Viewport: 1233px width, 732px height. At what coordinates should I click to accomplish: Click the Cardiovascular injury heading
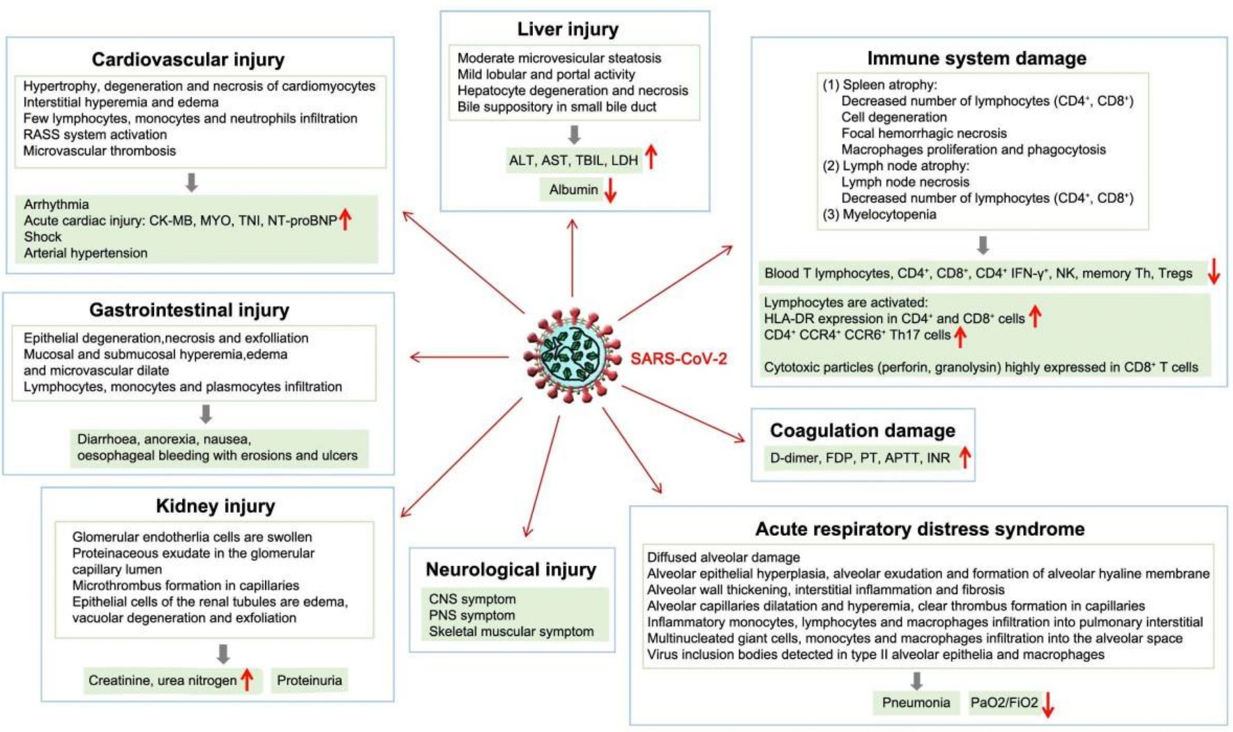point(188,59)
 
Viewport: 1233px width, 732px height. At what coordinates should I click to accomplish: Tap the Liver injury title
point(568,29)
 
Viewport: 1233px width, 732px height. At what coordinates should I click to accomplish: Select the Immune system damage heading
point(976,58)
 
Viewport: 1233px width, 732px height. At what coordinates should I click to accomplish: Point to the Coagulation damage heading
point(863,431)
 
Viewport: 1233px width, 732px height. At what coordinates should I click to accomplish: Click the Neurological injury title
point(511,569)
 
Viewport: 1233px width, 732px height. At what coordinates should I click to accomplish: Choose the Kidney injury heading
point(215,506)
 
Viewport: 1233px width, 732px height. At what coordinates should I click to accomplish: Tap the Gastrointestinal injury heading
point(189,310)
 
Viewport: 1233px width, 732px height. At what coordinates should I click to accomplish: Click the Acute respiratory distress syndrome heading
point(920,529)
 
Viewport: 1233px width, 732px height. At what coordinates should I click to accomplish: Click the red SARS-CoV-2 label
point(679,359)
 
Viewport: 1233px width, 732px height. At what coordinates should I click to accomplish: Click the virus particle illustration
point(573,356)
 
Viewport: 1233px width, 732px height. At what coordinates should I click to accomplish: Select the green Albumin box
point(573,190)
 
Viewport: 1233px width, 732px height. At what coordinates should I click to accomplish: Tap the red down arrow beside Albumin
point(610,191)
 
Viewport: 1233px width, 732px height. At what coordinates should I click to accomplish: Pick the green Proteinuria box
point(309,680)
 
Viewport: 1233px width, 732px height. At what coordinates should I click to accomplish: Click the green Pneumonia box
point(916,703)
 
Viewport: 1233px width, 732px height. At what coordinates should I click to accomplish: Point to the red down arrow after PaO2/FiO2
point(1047,704)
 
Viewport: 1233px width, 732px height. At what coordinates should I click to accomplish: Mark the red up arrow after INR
point(965,458)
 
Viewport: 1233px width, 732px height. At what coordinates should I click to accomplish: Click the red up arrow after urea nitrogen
point(247,680)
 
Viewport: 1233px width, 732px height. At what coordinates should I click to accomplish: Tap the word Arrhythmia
point(56,204)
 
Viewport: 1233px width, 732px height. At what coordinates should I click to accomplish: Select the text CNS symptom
point(472,599)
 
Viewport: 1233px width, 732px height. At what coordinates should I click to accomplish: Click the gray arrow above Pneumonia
point(916,681)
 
